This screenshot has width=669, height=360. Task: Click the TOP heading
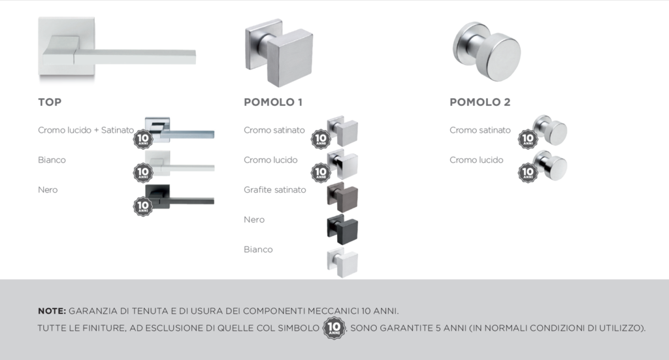[x=50, y=102]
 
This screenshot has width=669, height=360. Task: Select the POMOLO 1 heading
[x=273, y=102]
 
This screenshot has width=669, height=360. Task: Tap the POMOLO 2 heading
[x=480, y=102]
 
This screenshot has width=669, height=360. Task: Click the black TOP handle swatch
[x=179, y=197]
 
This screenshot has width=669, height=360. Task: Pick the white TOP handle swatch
[x=179, y=163]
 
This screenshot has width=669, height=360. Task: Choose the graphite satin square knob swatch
[x=342, y=197]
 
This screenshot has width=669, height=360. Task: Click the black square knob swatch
[x=342, y=229]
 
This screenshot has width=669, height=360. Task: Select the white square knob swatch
[x=342, y=263]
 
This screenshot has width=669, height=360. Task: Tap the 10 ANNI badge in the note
[x=334, y=328]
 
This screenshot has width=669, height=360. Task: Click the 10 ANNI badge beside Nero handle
[x=143, y=206]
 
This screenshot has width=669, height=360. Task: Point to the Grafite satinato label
[x=275, y=190]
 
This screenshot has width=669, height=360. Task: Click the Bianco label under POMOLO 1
[x=258, y=250]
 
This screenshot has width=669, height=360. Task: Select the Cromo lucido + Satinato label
[x=86, y=130]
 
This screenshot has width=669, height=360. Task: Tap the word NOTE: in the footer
[x=52, y=311]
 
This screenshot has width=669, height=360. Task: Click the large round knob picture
[x=487, y=51]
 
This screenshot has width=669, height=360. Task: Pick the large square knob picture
[x=279, y=52]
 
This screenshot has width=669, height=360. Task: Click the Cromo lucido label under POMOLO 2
[x=476, y=160]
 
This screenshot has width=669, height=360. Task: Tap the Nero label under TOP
[x=48, y=190]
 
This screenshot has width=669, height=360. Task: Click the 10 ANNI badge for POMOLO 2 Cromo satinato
[x=528, y=139]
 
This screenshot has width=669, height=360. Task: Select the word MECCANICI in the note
[x=333, y=311]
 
